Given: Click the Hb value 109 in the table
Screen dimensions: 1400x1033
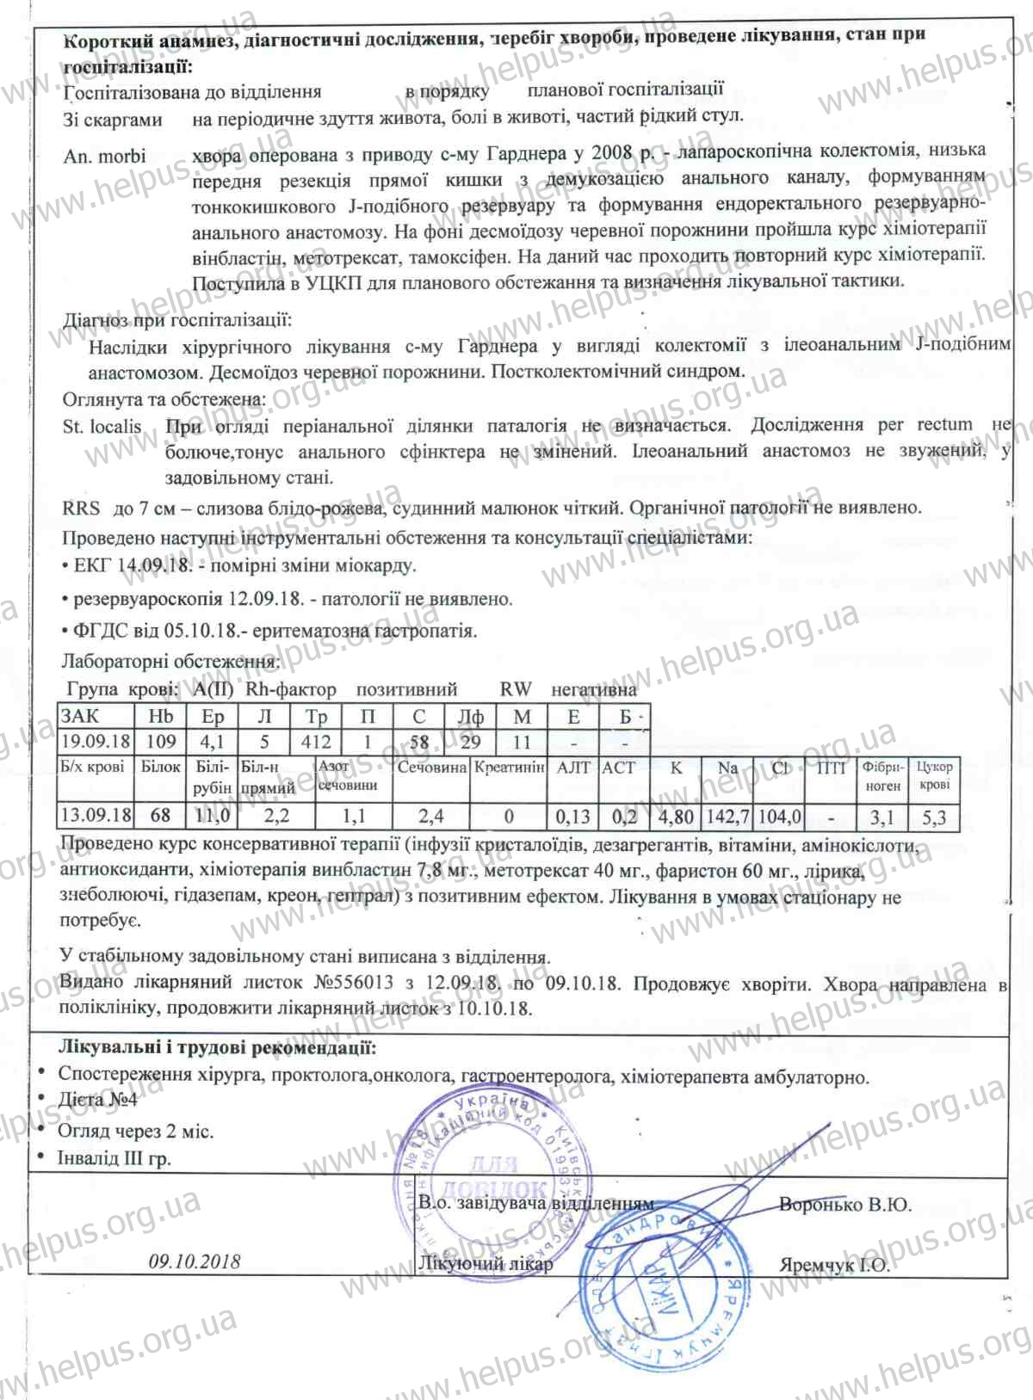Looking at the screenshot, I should coord(161,741).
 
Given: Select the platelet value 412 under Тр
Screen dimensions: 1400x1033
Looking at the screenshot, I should coord(316,741).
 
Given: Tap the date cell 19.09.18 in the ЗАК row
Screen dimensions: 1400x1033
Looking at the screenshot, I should coord(96,741).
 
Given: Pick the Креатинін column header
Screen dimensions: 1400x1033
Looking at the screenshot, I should coord(510,767).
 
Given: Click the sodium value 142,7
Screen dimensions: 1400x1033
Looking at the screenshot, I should coord(727,816).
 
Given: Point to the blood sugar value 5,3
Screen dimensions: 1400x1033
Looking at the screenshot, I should coord(934,816).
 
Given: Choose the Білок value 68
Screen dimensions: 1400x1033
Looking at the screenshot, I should coord(160,815).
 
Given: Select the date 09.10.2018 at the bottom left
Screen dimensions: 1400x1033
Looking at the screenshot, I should coord(195,1261).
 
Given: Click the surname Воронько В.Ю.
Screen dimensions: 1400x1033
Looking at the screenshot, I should coord(844,1205).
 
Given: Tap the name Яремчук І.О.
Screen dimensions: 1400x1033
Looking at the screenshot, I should coord(834,1265).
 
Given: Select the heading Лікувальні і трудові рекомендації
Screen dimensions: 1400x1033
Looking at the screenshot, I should coord(216,1047).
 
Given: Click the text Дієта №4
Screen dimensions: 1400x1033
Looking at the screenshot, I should coord(97,1100).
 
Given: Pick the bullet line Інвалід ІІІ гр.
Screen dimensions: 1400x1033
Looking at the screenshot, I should coord(114,1158).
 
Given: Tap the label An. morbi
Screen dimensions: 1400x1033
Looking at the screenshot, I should coord(104,157).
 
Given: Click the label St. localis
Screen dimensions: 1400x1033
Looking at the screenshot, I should coord(102,426).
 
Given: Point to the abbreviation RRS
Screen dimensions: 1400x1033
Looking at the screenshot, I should coord(81,508).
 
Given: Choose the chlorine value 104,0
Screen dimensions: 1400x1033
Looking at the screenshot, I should coord(779,816).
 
